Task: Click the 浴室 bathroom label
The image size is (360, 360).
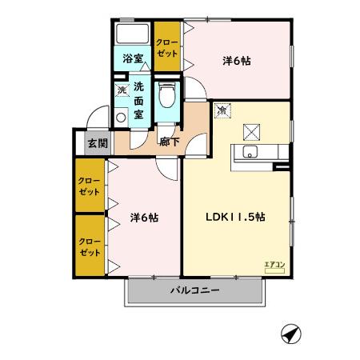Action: tap(132, 58)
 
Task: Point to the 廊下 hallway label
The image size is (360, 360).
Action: tap(169, 142)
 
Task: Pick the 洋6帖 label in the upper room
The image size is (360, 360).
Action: tap(236, 60)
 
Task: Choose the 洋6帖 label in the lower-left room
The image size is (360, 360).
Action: tap(143, 216)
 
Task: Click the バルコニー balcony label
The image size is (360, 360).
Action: tap(195, 292)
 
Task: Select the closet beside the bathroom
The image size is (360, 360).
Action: tap(166, 48)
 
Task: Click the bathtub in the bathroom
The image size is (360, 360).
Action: tap(133, 35)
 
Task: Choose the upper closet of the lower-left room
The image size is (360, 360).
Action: tap(89, 186)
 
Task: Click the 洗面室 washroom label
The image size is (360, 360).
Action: tap(139, 100)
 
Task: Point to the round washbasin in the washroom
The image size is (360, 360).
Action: tap(121, 115)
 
